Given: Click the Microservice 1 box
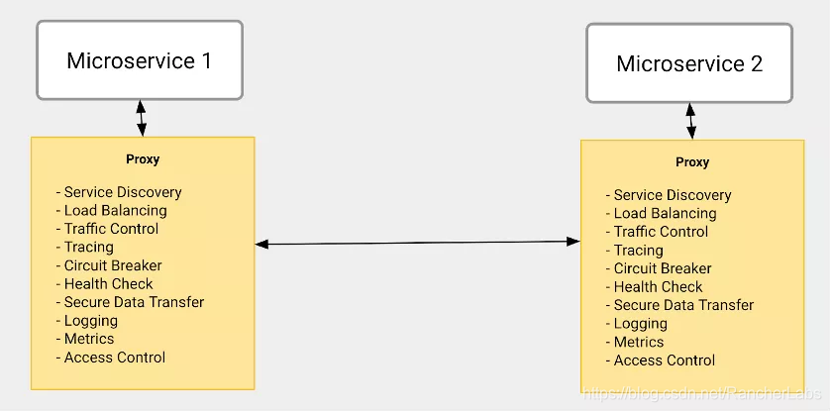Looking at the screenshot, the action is pos(140,59).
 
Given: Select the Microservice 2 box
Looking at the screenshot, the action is pos(689,63).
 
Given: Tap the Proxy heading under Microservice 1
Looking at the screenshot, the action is pos(143,159).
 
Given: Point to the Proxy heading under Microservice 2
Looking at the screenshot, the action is pos(692,162).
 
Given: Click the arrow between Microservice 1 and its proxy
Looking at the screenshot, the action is pos(141,118).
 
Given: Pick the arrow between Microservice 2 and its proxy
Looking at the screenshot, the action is pos(690,122).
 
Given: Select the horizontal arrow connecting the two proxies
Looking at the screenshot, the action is pos(418,243).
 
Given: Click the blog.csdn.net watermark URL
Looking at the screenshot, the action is pos(703,393).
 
